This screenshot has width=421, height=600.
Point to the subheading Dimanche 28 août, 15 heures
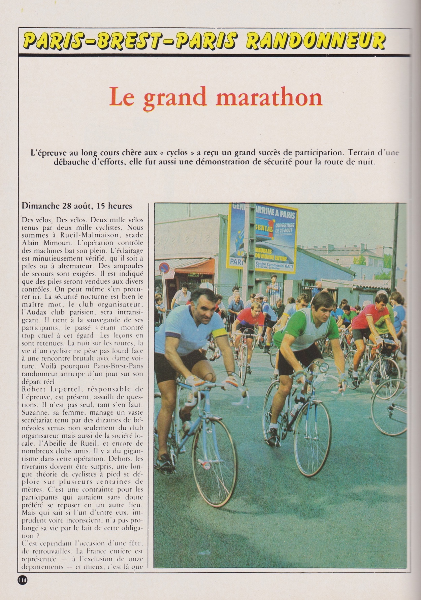(77, 206)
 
